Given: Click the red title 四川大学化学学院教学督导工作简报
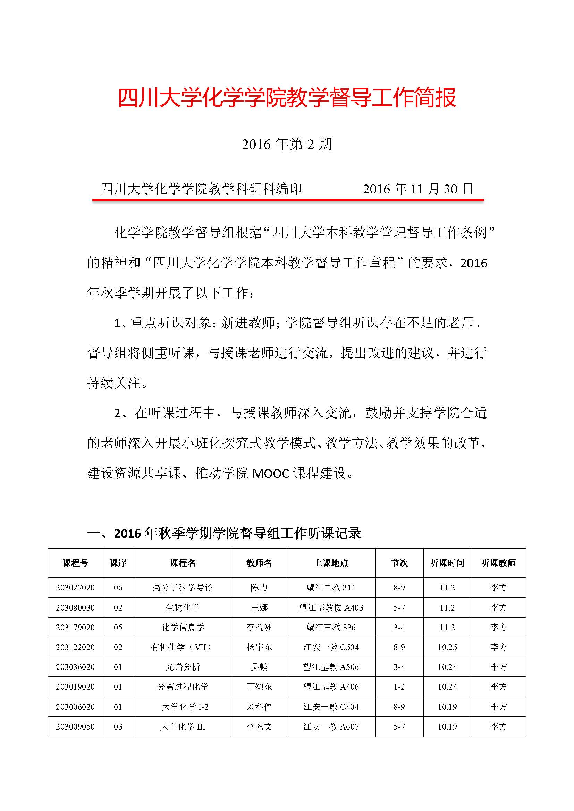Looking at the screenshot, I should click(287, 98).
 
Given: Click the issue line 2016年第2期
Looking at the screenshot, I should click(287, 144).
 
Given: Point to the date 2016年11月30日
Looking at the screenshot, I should click(418, 189).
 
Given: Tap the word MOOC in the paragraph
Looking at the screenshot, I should click(271, 473).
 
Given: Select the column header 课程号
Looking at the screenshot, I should click(75, 563).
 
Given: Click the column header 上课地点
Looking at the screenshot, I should click(331, 563).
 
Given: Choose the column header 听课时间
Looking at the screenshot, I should click(447, 563).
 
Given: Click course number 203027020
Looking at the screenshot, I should click(75, 588).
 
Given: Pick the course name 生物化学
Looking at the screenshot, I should click(183, 607).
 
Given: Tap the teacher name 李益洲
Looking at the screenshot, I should click(259, 627).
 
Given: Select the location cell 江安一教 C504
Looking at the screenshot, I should click(331, 647).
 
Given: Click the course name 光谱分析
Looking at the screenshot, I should click(183, 667).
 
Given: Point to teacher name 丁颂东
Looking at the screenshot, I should click(259, 687).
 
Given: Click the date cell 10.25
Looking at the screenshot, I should click(447, 647).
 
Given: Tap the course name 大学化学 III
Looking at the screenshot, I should click(183, 727).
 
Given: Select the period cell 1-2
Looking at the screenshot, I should click(399, 687).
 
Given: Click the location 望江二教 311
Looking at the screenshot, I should click(331, 588).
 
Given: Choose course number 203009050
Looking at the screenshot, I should click(75, 727).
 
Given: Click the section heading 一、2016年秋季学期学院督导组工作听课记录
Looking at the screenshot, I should click(225, 533).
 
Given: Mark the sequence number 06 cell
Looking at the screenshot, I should click(118, 588).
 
